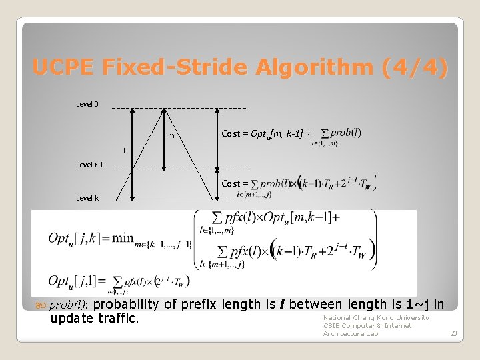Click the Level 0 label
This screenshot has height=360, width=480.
[87, 104]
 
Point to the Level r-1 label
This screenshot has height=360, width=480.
[90, 165]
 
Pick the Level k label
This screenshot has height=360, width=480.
[87, 198]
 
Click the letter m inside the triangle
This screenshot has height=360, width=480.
[171, 136]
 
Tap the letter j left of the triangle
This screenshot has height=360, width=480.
[123, 149]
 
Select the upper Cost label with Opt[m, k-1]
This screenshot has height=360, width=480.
[262, 134]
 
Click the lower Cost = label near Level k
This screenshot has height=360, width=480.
[235, 183]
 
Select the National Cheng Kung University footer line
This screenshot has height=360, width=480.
[376, 318]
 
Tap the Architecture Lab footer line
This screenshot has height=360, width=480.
[351, 333]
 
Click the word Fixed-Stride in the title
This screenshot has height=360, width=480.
[171, 67]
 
